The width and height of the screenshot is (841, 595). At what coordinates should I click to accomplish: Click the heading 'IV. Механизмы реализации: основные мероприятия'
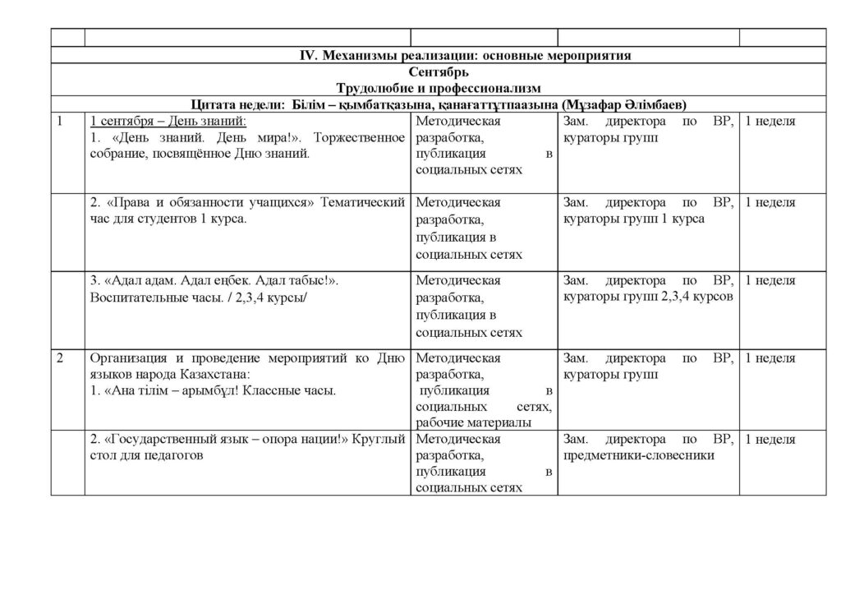click(x=464, y=55)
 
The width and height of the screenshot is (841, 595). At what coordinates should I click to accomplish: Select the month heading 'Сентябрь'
click(x=464, y=72)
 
